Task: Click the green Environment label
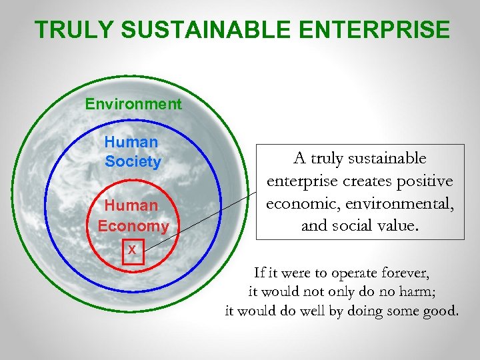(133, 104)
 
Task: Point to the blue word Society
(133, 162)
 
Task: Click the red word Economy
(133, 226)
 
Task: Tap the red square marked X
(133, 250)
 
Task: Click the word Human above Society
(131, 142)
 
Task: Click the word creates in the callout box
(366, 181)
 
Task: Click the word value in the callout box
(398, 225)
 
